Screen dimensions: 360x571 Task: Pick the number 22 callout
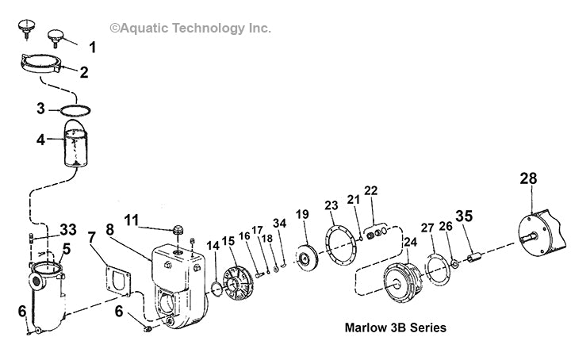click(x=371, y=190)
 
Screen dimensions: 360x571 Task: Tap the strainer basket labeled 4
click(x=79, y=150)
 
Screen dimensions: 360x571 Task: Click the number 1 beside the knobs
click(x=92, y=48)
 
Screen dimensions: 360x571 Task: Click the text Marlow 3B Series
click(x=395, y=327)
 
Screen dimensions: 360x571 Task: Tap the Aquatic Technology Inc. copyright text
click(x=190, y=29)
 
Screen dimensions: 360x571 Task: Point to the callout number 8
click(x=132, y=229)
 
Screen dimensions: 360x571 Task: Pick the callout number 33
click(x=68, y=230)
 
